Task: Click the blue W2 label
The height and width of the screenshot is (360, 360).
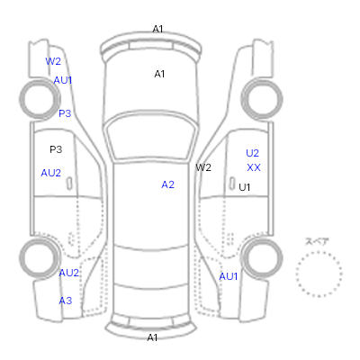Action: pyautogui.click(x=53, y=61)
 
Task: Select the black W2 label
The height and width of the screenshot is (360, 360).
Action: pyautogui.click(x=203, y=167)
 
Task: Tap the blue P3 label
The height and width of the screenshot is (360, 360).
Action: pyautogui.click(x=65, y=113)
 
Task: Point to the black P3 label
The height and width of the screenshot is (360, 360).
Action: pyautogui.click(x=56, y=149)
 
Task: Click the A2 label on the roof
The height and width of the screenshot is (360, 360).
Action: pyautogui.click(x=167, y=184)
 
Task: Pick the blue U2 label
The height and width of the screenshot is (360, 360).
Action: pyautogui.click(x=252, y=153)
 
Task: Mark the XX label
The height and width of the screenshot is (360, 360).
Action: pyautogui.click(x=254, y=167)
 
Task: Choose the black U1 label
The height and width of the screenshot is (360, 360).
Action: pyautogui.click(x=245, y=187)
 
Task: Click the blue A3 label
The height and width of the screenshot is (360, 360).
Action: pyautogui.click(x=66, y=301)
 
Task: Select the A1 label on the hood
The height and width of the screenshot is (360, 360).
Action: pyautogui.click(x=159, y=74)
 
